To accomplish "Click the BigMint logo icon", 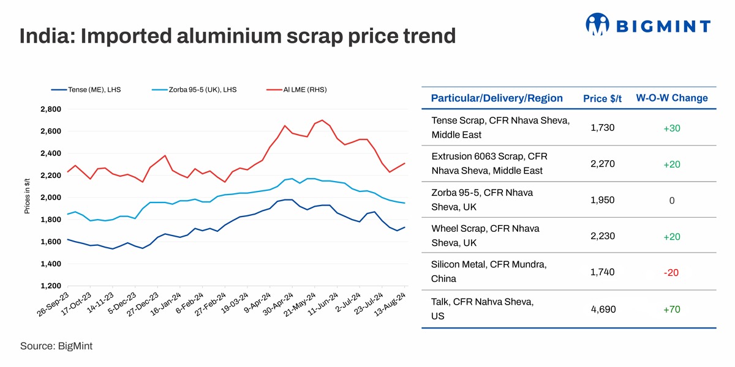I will coord(598,24).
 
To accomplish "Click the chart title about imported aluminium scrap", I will coord(238,36).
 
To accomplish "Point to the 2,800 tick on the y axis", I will coord(50,109).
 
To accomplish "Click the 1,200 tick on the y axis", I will coord(50,286).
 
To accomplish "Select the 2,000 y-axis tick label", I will coord(50,198).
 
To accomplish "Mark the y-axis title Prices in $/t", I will coord(27,197).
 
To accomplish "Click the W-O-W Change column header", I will coord(672,98).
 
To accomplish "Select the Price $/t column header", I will coord(603,99).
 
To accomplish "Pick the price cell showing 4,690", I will coord(603,310).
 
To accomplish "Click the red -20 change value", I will coord(671,273).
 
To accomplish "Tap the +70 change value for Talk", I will coord(671,310).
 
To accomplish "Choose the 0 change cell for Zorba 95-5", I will coord(671,201).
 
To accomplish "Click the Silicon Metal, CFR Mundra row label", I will coord(489,271).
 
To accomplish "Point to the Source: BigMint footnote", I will coord(56,346).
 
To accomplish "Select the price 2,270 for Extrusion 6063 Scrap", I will coord(603,164).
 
